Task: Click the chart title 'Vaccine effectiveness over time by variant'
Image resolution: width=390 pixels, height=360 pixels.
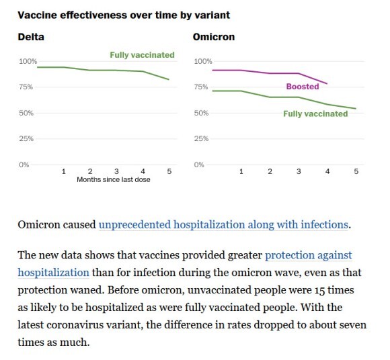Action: pyautogui.click(x=124, y=15)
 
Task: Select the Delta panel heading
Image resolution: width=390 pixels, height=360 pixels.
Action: pyautogui.click(x=31, y=37)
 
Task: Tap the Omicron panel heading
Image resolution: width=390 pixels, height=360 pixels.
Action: pyautogui.click(x=214, y=37)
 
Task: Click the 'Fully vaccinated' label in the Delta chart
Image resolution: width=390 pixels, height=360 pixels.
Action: pyautogui.click(x=143, y=55)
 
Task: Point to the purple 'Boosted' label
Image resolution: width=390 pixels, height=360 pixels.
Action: pyautogui.click(x=303, y=87)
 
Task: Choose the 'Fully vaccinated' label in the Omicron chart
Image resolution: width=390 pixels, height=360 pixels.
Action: pyautogui.click(x=315, y=114)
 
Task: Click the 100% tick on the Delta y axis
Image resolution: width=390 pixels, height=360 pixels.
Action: pyautogui.click(x=28, y=61)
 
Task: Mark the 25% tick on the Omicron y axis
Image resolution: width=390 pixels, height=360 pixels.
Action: pyautogui.click(x=201, y=138)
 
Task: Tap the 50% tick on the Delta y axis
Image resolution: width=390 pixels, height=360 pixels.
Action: pyautogui.click(x=26, y=113)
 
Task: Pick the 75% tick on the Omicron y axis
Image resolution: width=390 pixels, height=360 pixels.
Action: pyautogui.click(x=201, y=87)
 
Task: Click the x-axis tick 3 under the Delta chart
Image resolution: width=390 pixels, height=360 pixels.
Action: pyautogui.click(x=116, y=171)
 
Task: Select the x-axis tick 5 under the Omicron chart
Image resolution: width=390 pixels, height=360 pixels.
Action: pyautogui.click(x=356, y=171)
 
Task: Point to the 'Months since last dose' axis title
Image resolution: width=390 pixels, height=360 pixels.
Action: pyautogui.click(x=114, y=179)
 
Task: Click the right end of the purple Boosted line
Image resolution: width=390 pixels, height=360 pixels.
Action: pyautogui.click(x=327, y=84)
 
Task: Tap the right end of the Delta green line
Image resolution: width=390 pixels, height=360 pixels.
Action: pyautogui.click(x=169, y=79)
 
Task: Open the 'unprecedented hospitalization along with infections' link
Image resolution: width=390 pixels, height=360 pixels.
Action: pyautogui.click(x=223, y=224)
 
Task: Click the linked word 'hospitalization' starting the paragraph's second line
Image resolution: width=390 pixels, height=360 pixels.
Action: pyautogui.click(x=54, y=273)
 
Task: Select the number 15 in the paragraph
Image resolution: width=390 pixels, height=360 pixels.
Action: pyautogui.click(x=319, y=290)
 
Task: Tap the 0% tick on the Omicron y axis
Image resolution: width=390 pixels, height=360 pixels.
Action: pyautogui.click(x=199, y=165)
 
